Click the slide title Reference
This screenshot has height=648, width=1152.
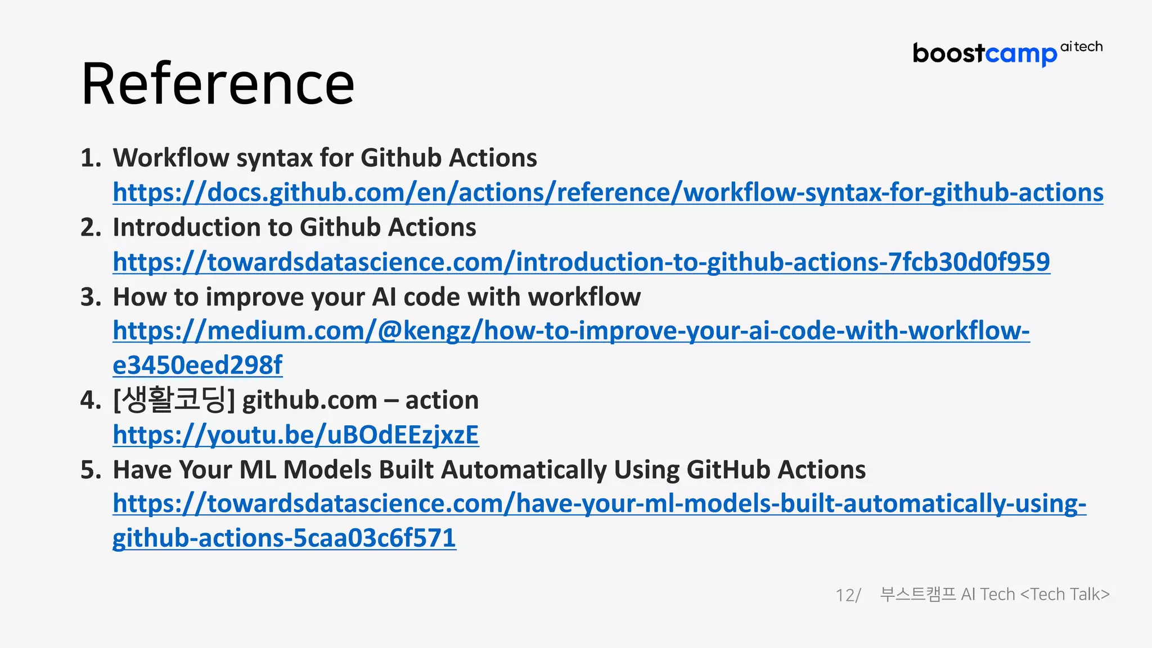click(218, 84)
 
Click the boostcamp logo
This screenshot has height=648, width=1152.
click(984, 54)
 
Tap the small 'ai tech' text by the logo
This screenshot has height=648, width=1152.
click(1081, 47)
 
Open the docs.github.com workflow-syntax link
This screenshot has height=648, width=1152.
click(607, 192)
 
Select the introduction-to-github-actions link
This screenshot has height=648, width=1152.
click(581, 262)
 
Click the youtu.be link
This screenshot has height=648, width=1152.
click(295, 435)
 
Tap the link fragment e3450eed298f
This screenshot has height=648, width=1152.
click(197, 365)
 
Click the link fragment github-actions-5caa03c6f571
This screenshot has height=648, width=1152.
click(284, 538)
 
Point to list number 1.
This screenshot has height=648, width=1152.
click(90, 158)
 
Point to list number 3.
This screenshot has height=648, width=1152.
click(90, 297)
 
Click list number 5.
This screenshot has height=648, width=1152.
click(90, 470)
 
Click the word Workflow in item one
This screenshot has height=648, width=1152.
click(170, 158)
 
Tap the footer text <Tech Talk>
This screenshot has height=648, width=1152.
click(1064, 595)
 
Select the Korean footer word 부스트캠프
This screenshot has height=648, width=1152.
click(917, 595)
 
